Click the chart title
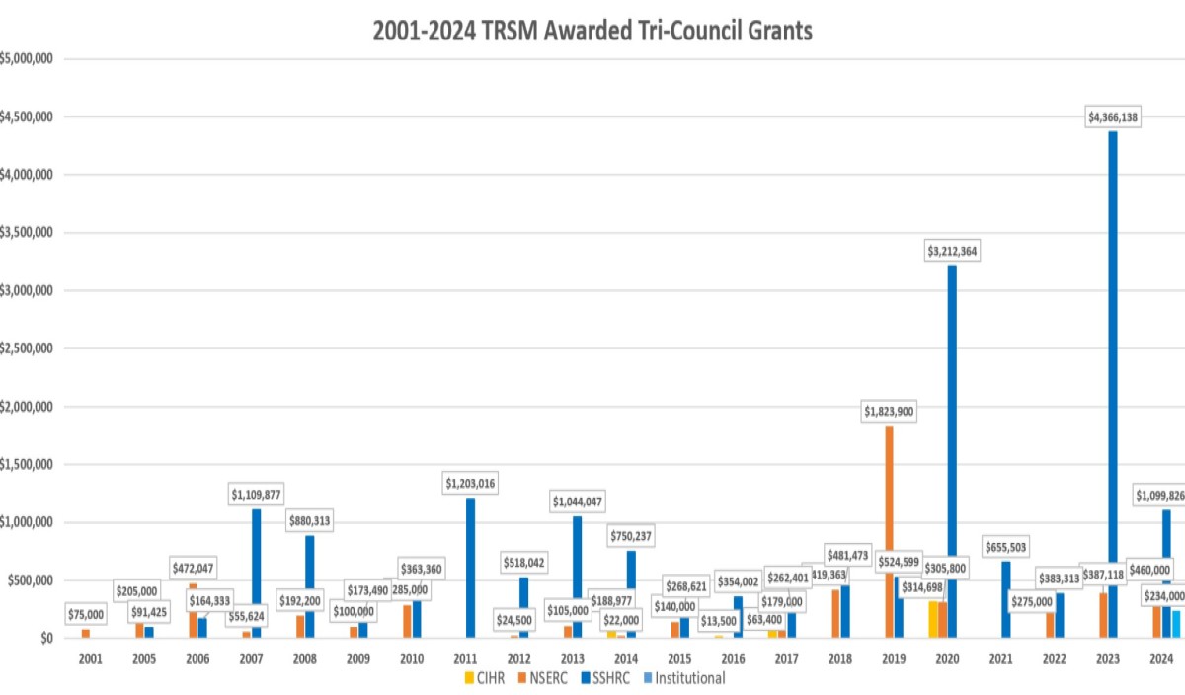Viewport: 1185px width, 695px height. pos(592,31)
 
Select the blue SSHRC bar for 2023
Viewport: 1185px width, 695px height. pos(1113,384)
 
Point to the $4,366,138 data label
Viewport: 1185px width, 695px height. pos(1113,117)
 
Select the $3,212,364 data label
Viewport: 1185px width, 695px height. pos(952,251)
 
